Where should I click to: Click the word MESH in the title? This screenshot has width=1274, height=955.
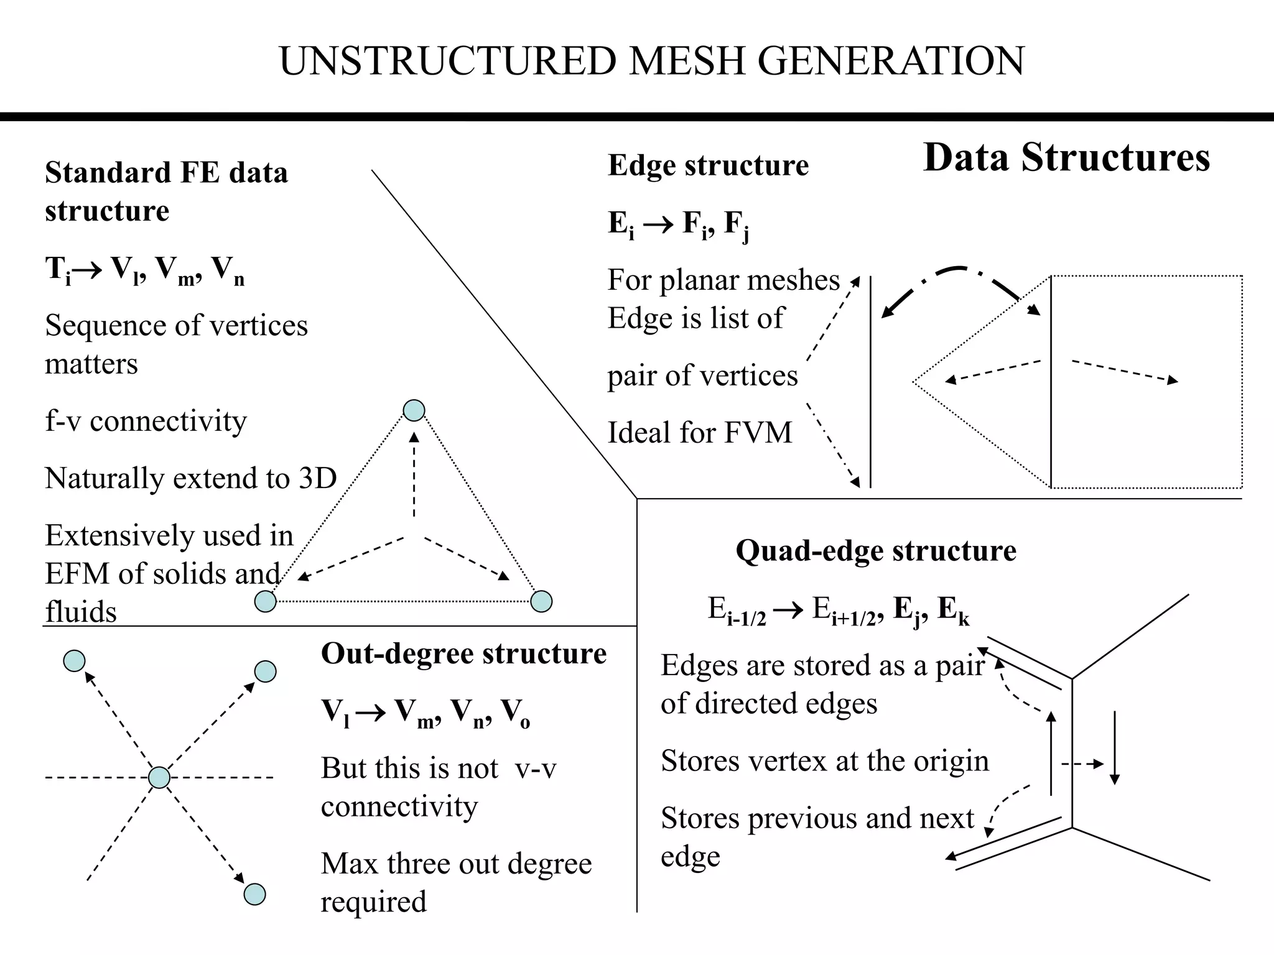click(x=687, y=61)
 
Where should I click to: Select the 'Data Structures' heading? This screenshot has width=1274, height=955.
click(x=1066, y=157)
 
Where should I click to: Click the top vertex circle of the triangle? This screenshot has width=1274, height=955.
click(x=414, y=410)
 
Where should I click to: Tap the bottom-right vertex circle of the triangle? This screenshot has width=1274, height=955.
click(x=541, y=601)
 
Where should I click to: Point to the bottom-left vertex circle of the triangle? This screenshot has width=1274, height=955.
click(x=266, y=601)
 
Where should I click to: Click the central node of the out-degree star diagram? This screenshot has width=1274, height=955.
click(x=159, y=777)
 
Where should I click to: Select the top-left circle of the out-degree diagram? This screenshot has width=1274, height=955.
click(x=74, y=661)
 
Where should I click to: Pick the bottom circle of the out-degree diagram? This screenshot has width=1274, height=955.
click(x=254, y=894)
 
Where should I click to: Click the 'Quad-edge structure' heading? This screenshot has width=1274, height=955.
click(x=875, y=551)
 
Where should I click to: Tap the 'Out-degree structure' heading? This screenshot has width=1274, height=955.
click(x=463, y=653)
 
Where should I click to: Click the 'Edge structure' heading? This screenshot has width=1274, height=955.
click(x=708, y=165)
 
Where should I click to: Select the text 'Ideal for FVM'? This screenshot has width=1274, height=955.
click(x=700, y=433)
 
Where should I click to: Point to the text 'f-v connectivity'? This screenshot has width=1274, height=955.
click(x=146, y=422)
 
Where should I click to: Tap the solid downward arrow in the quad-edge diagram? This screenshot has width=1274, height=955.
click(x=1115, y=746)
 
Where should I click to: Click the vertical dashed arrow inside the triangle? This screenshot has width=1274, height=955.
click(x=414, y=476)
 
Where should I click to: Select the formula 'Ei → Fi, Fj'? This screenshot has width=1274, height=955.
click(x=678, y=224)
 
